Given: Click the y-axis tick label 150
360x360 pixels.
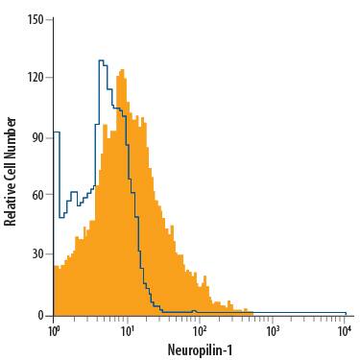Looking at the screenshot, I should [36, 18].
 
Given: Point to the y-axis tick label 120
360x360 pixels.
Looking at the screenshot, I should [36, 78].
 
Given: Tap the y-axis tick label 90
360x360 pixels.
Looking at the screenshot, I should [38, 137].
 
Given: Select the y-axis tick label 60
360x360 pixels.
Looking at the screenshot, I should [38, 197].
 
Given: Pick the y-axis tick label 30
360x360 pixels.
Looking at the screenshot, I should [38, 255].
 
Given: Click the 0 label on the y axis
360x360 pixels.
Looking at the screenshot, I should [41, 315].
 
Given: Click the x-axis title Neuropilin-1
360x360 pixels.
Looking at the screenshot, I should [200, 348].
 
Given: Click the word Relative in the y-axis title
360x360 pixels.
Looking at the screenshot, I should [12, 202].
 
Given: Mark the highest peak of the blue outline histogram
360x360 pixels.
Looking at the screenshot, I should [101, 60].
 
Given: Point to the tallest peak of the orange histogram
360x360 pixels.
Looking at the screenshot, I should [122, 70].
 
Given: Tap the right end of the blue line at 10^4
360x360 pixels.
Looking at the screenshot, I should [346, 312].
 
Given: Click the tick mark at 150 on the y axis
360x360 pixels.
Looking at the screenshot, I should [50, 18].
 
